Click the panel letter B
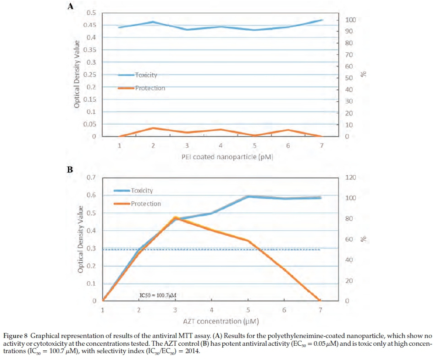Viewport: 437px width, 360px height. click(x=70, y=170)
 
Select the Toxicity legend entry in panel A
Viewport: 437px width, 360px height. click(x=146, y=75)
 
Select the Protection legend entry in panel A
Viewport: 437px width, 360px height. click(x=149, y=88)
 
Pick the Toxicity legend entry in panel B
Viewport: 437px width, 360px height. click(x=142, y=190)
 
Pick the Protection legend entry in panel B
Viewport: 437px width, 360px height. click(x=146, y=204)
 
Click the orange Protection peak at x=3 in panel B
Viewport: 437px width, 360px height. click(x=175, y=217)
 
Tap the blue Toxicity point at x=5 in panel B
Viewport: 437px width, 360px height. click(x=248, y=196)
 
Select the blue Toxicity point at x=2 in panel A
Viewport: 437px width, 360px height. click(x=153, y=22)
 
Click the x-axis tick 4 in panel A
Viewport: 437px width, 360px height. click(x=221, y=146)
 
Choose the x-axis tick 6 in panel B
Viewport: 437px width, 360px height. click(x=284, y=310)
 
